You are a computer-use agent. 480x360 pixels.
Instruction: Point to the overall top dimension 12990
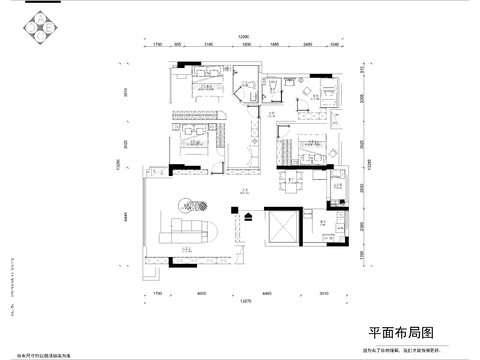[242, 37]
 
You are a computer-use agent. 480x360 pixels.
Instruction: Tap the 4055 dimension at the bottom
[201, 293]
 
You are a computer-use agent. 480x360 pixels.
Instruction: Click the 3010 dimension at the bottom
[323, 293]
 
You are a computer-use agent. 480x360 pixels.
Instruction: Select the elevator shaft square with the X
[283, 225]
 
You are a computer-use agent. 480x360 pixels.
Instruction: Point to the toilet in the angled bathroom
[243, 86]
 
